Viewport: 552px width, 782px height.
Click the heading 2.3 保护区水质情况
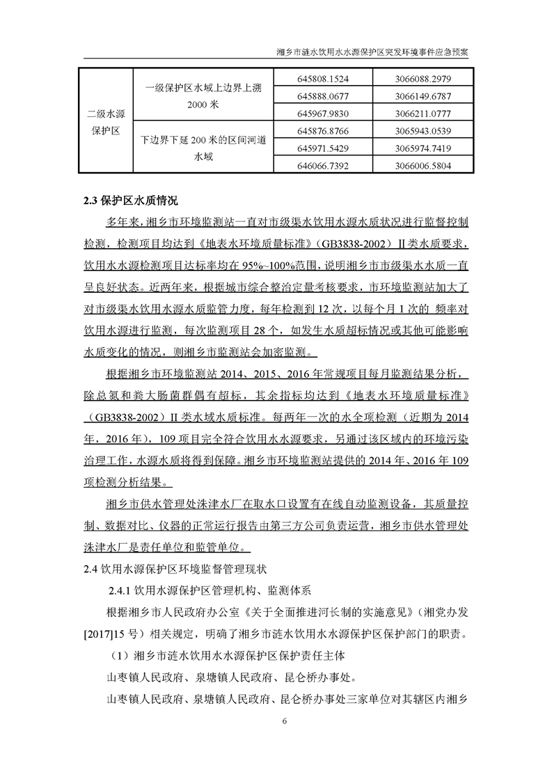click(x=131, y=201)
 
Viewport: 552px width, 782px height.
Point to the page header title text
click(x=372, y=52)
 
